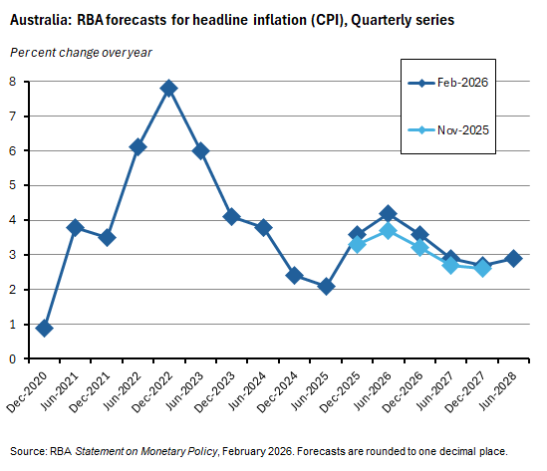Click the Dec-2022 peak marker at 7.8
pyautogui.click(x=169, y=88)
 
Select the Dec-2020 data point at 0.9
pyautogui.click(x=44, y=328)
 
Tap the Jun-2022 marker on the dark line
pyautogui.click(x=137, y=146)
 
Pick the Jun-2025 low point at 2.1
pyautogui.click(x=326, y=286)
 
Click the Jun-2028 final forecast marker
pyautogui.click(x=513, y=258)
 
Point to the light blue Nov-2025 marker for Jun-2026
pyautogui.click(x=389, y=230)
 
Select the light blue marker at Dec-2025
pyautogui.click(x=357, y=244)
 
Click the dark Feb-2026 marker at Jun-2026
pyautogui.click(x=389, y=213)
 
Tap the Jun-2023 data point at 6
pyautogui.click(x=200, y=150)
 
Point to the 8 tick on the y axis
pyautogui.click(x=12, y=82)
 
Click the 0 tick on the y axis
pyautogui.click(x=12, y=358)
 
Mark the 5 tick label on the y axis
pyautogui.click(x=12, y=185)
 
